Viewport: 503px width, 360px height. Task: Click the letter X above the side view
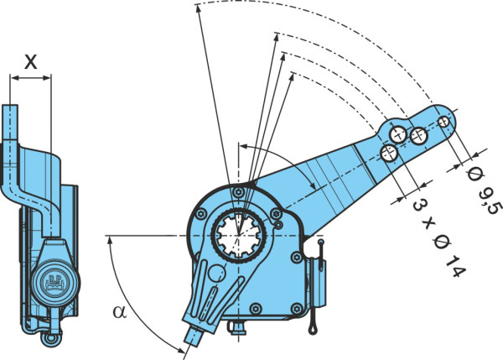31,61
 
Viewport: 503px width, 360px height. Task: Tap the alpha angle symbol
120,311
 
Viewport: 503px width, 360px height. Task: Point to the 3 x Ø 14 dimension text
438,237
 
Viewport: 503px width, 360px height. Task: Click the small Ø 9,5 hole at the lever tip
444,121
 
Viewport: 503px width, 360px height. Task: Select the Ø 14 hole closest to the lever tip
419,136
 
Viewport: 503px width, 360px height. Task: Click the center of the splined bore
239,236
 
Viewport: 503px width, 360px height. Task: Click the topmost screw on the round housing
238,192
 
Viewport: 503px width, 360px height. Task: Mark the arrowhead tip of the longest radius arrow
198,6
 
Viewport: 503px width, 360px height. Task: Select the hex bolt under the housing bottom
236,327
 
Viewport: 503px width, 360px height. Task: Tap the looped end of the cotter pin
313,328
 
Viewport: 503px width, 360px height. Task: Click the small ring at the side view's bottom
50,338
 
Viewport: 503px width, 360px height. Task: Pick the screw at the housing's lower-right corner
297,309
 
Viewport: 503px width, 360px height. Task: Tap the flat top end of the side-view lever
10,106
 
